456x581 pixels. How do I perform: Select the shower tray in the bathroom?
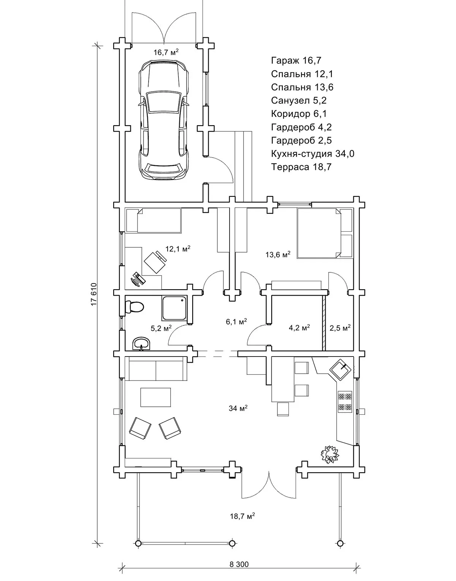174,309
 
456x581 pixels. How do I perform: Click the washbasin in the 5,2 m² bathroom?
142,344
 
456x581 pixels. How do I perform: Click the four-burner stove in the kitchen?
345,402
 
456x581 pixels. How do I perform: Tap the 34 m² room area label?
238,408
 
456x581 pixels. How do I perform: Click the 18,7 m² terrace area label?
242,516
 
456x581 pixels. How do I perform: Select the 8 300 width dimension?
239,564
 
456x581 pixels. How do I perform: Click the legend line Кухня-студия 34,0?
313,154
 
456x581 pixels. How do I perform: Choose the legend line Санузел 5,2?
299,100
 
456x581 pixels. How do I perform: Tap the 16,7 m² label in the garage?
166,53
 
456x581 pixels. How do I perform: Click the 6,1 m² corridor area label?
236,322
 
